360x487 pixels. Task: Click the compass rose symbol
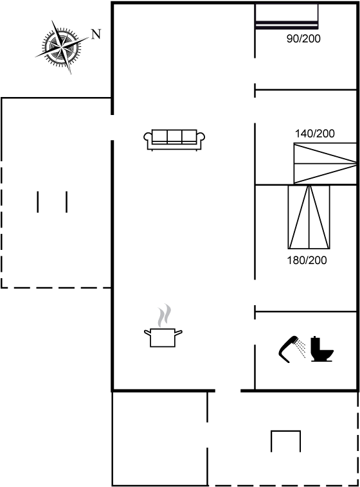click(62, 48)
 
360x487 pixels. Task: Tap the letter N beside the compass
click(96, 34)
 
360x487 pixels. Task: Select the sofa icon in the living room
click(174, 140)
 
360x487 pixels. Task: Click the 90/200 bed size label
click(303, 39)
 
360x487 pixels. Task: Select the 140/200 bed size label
click(315, 134)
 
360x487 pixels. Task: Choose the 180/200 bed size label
click(307, 260)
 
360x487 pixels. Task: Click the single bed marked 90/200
click(287, 17)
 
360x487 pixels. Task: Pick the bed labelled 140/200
click(325, 163)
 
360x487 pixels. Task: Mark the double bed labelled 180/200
click(309, 217)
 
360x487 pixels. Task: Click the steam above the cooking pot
click(165, 315)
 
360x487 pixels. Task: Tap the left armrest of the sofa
click(148, 137)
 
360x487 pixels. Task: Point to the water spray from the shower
click(301, 348)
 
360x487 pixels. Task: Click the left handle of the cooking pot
click(147, 333)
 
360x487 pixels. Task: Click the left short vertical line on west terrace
click(38, 202)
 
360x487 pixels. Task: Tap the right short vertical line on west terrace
click(66, 202)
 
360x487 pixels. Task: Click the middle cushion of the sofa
click(174, 137)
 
